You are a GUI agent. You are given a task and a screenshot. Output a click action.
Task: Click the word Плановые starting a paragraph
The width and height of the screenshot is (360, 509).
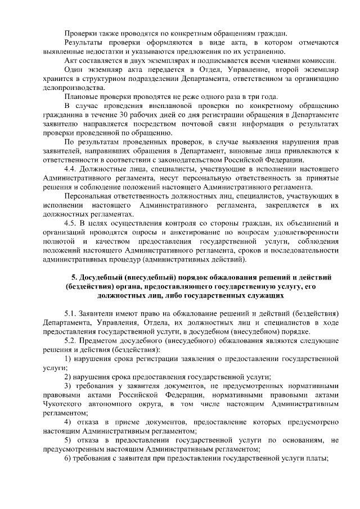[x=81, y=97]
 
